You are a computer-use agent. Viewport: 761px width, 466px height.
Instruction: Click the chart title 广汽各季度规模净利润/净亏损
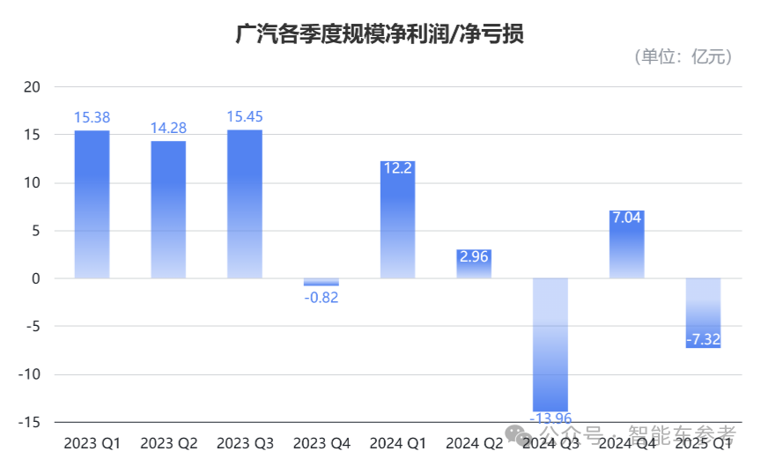[x=380, y=33]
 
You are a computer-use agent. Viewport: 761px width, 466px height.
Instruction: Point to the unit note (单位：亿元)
[x=683, y=57]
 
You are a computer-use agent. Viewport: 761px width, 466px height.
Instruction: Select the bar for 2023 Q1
[x=92, y=204]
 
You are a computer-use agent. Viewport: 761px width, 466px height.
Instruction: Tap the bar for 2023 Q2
[x=168, y=210]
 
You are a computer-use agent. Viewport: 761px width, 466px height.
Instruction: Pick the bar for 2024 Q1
[x=397, y=220]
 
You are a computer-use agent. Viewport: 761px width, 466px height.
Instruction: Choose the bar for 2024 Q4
[x=626, y=245]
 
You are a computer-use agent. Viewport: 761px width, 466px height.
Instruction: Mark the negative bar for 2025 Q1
[x=703, y=313]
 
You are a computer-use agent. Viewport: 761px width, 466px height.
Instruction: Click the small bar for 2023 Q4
[x=321, y=282]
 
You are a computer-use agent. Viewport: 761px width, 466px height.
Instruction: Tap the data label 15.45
[x=244, y=116]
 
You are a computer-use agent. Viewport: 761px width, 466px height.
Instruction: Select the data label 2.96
[x=474, y=258]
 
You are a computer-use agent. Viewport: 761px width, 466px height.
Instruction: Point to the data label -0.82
[x=321, y=298]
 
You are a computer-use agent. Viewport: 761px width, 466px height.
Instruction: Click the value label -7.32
[x=703, y=339]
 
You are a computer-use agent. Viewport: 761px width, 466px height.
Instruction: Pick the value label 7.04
[x=626, y=218]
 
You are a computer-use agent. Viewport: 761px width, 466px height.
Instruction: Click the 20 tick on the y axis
[x=33, y=87]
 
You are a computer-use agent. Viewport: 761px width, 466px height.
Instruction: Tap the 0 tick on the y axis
[x=36, y=278]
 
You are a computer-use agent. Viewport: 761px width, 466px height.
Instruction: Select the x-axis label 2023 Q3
[x=244, y=442]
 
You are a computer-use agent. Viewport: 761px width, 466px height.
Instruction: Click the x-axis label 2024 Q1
[x=397, y=442]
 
